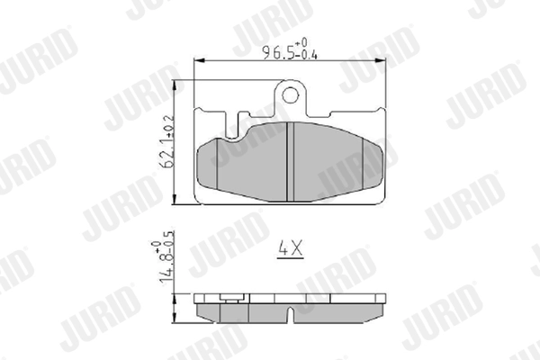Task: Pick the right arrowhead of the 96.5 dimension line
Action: [384, 59]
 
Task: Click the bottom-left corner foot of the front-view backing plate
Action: [200, 201]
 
